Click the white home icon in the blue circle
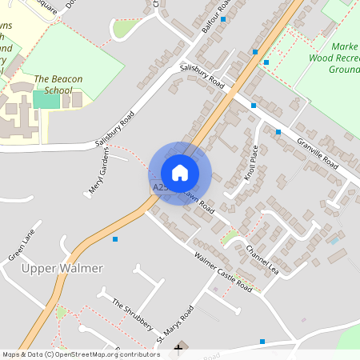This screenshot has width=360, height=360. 180,172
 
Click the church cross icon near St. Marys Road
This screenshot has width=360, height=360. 179,349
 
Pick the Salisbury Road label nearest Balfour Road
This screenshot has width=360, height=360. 202,76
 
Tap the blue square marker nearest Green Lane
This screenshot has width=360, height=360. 115,239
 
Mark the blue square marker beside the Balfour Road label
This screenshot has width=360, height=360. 223,19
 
